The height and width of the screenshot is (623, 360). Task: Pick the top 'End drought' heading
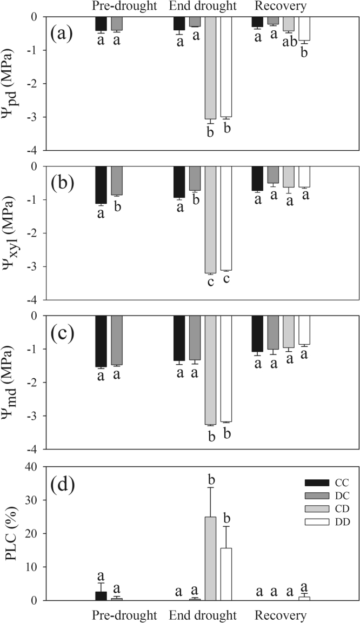(203, 6)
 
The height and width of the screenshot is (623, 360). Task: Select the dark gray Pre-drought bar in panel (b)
(117, 180)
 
